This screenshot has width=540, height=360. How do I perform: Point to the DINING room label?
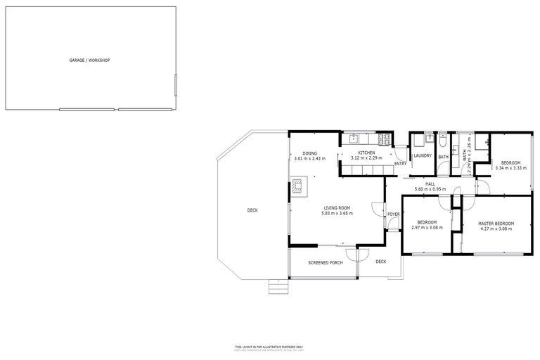[309, 153]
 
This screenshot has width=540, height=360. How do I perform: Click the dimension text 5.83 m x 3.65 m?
[337, 213]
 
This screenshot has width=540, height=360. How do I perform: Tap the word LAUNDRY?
[422, 155]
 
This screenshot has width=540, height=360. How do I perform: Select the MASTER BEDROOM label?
[496, 224]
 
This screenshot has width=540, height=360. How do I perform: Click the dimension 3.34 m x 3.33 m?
[511, 168]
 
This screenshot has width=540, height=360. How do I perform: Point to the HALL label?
[430, 184]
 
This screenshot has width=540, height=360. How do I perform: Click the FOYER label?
[393, 214]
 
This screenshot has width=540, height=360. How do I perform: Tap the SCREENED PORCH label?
[326, 262]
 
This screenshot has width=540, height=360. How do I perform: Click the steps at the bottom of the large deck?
[278, 286]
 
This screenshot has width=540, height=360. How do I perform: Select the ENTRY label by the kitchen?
[400, 164]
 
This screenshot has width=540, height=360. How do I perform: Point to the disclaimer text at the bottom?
[269, 348]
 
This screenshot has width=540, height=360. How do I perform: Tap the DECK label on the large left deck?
[252, 210]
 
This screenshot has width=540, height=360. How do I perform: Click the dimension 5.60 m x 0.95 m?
[430, 189]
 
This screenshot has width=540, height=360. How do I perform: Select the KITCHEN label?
[366, 153]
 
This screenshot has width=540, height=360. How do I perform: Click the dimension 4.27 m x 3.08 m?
[496, 229]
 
